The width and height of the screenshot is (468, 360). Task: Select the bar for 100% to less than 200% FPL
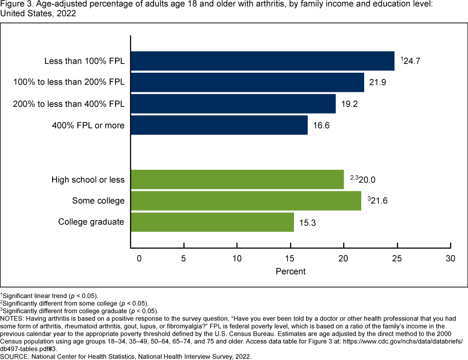click(247, 82)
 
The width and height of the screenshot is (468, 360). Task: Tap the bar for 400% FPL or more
click(219, 125)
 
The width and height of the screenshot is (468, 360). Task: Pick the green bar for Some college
click(246, 200)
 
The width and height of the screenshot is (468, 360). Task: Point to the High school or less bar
click(237, 180)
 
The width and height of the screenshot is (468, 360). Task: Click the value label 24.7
click(412, 61)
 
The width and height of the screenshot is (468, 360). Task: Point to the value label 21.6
click(379, 201)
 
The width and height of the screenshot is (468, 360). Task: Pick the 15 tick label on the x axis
click(290, 258)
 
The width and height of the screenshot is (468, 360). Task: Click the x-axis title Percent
click(291, 271)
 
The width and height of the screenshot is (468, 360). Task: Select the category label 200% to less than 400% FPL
click(69, 104)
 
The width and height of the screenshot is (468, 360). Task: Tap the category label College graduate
click(91, 222)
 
